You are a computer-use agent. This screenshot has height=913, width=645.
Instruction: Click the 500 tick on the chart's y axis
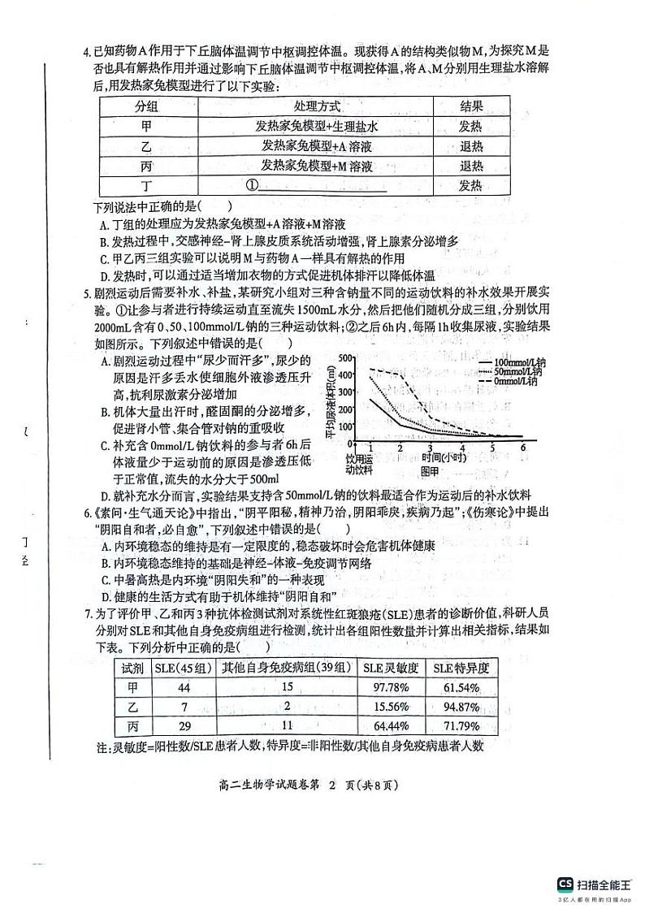click(345, 358)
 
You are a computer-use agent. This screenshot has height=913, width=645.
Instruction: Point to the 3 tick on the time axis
click(431, 448)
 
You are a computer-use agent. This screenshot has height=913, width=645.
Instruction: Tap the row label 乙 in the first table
click(146, 147)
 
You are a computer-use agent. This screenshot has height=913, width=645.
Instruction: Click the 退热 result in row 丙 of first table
click(470, 167)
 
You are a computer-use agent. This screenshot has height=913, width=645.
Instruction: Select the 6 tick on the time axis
click(523, 448)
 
